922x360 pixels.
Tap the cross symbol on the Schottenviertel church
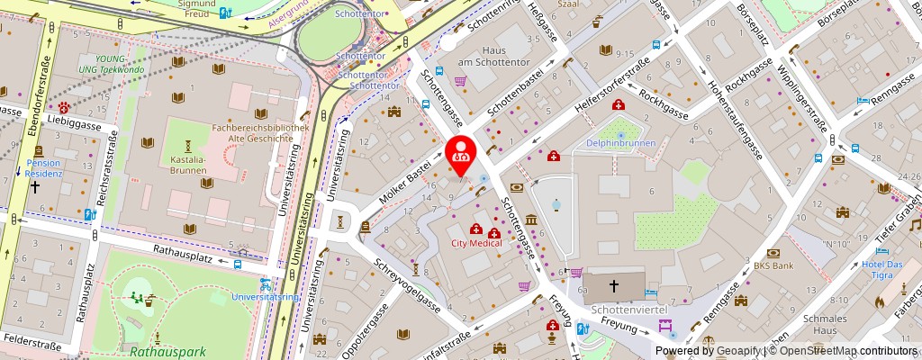pos(614,285)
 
